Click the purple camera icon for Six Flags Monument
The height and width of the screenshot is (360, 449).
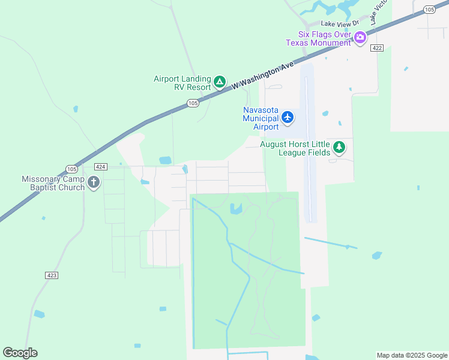click(360, 38)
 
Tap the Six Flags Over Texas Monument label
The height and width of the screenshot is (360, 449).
click(318, 38)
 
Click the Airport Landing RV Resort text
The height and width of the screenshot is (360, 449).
click(182, 83)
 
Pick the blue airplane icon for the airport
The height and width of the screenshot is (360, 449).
click(288, 117)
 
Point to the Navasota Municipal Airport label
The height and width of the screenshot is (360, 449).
click(261, 118)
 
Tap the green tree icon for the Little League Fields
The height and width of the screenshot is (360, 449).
click(339, 147)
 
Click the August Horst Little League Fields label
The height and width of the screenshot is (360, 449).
click(295, 148)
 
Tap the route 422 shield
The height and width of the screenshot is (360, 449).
click(377, 48)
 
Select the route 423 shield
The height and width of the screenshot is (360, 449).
click(52, 275)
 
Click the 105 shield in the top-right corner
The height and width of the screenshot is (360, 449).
click(429, 9)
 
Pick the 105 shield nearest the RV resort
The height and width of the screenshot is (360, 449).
click(192, 103)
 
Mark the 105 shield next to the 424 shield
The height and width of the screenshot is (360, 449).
click(71, 169)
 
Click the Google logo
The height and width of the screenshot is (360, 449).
click(20, 353)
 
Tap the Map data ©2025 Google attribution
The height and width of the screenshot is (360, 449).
click(411, 355)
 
